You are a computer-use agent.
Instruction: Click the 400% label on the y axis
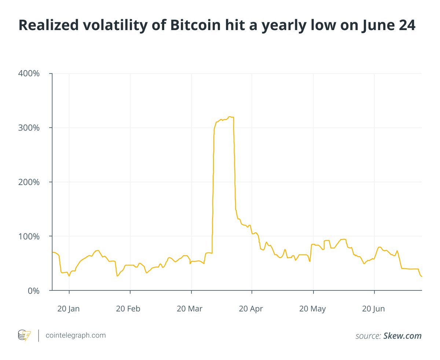pyautogui.click(x=29, y=73)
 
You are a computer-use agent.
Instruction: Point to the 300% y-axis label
pyautogui.click(x=29, y=128)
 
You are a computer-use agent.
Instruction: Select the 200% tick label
pyautogui.click(x=29, y=182)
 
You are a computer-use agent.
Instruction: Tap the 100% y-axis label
pyautogui.click(x=29, y=236)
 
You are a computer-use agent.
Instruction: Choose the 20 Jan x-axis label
pyautogui.click(x=69, y=309)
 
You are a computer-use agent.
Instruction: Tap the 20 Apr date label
pyautogui.click(x=252, y=309)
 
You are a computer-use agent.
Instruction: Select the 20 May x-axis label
pyautogui.click(x=313, y=309)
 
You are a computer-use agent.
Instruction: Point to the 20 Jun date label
pyautogui.click(x=374, y=309)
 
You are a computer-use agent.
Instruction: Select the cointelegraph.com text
pyautogui.click(x=76, y=335)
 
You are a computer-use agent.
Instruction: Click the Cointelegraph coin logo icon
pyautogui.click(x=25, y=335)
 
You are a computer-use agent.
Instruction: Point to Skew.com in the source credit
pyautogui.click(x=402, y=336)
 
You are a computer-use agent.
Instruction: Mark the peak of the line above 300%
pyautogui.click(x=230, y=117)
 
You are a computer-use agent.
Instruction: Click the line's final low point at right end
pyautogui.click(x=422, y=276)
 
